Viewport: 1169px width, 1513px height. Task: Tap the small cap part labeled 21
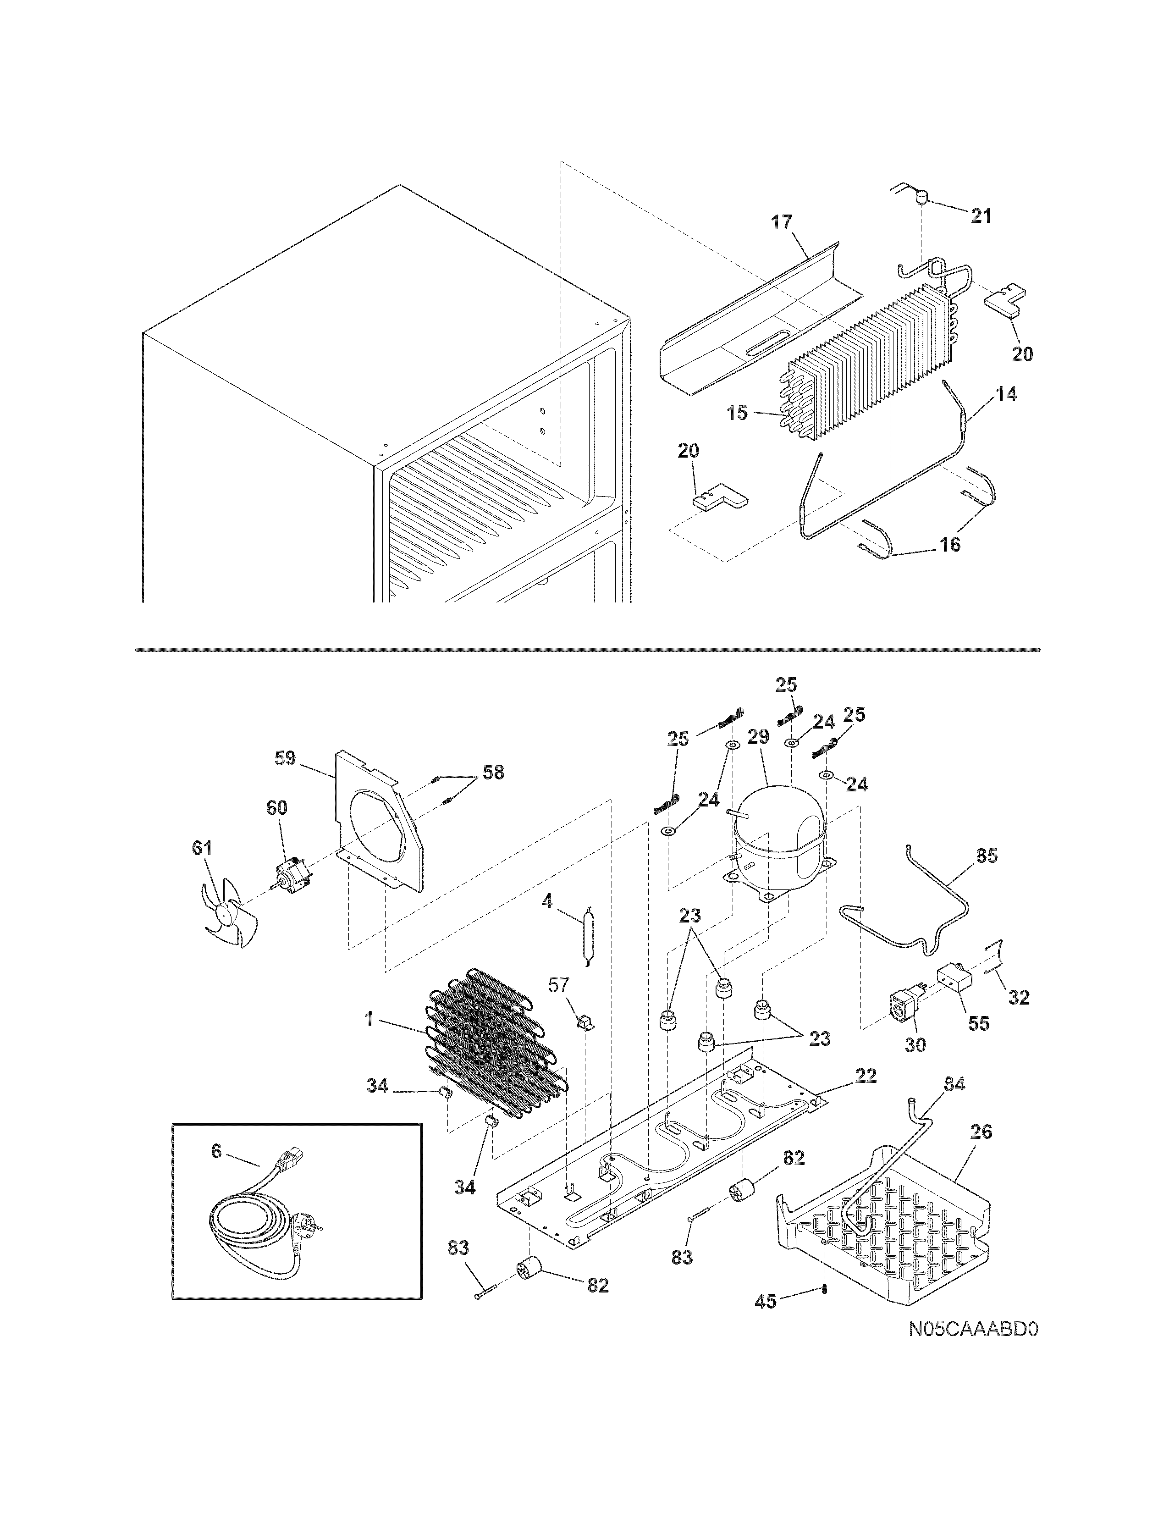pos(921,200)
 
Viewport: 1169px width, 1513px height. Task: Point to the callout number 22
pos(866,1076)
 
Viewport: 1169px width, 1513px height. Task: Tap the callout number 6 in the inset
pos(216,1151)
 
